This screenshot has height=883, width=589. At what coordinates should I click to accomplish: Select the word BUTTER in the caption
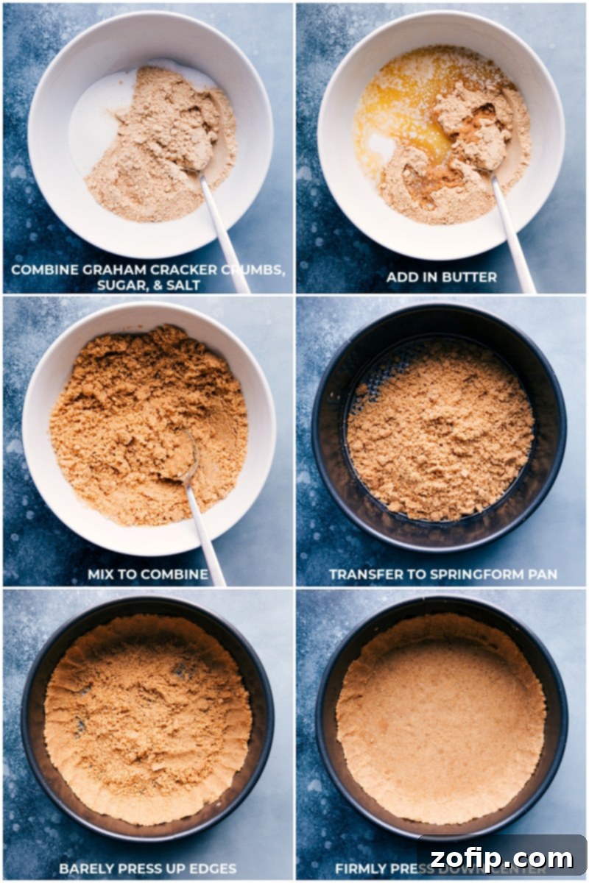click(470, 277)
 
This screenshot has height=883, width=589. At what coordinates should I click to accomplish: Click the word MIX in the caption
click(102, 574)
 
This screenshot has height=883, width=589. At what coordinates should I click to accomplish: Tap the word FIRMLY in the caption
click(359, 869)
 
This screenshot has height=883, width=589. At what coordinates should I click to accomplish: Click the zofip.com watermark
click(503, 858)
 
